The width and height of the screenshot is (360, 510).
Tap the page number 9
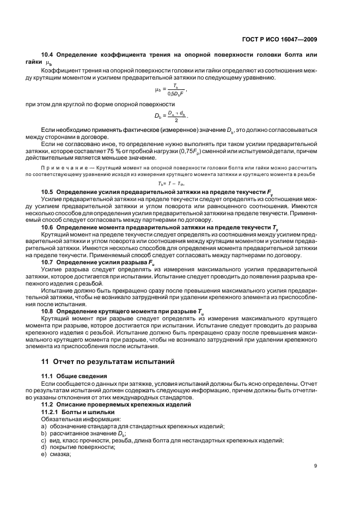pos(315,465)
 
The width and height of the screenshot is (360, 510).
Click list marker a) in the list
pos(44,426)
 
